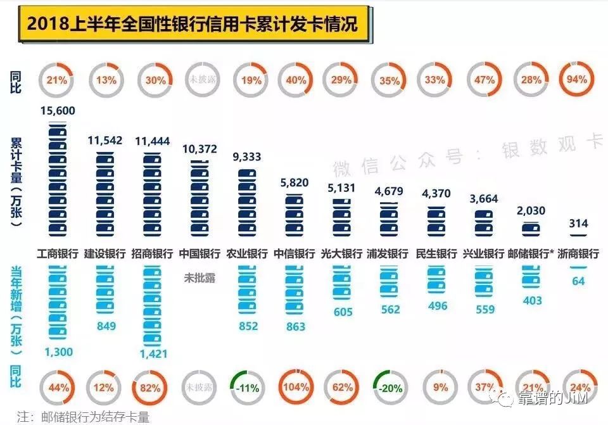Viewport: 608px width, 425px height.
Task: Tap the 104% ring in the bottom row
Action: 296,386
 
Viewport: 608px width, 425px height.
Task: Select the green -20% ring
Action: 389,386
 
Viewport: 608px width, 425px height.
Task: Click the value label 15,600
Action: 58,111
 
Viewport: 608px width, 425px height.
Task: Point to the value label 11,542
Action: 104,140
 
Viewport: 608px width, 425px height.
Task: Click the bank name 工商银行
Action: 58,255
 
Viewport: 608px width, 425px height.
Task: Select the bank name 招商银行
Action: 152,255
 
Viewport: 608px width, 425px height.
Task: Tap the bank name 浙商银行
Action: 578,255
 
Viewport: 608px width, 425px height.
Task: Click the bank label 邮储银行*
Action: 531,255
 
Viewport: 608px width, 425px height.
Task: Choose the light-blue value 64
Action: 578,281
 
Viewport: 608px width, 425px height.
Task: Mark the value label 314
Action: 578,224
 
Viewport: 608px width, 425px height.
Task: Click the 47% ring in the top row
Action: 484,80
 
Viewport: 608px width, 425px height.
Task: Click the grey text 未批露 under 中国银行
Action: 199,277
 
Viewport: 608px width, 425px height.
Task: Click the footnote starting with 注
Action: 83,416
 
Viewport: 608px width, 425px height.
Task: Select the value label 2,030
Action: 531,211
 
